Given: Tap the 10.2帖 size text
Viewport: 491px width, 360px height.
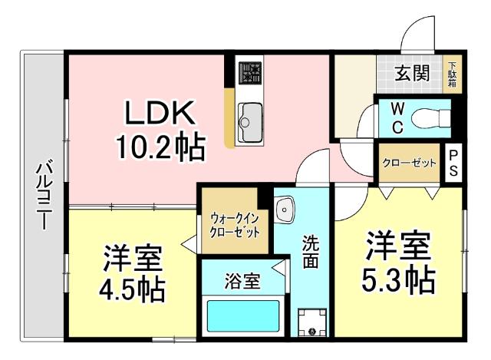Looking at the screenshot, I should (x=161, y=146).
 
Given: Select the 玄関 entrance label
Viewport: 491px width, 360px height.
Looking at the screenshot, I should (x=412, y=74).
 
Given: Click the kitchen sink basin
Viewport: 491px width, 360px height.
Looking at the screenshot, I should (x=250, y=118).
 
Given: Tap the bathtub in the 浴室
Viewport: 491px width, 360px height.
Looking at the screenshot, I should (x=242, y=316).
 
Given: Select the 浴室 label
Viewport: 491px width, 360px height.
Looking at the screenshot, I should (x=242, y=280).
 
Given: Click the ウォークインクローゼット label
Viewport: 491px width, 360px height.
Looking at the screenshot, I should (x=235, y=223).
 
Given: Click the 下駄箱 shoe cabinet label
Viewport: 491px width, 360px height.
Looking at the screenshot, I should (x=453, y=74).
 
